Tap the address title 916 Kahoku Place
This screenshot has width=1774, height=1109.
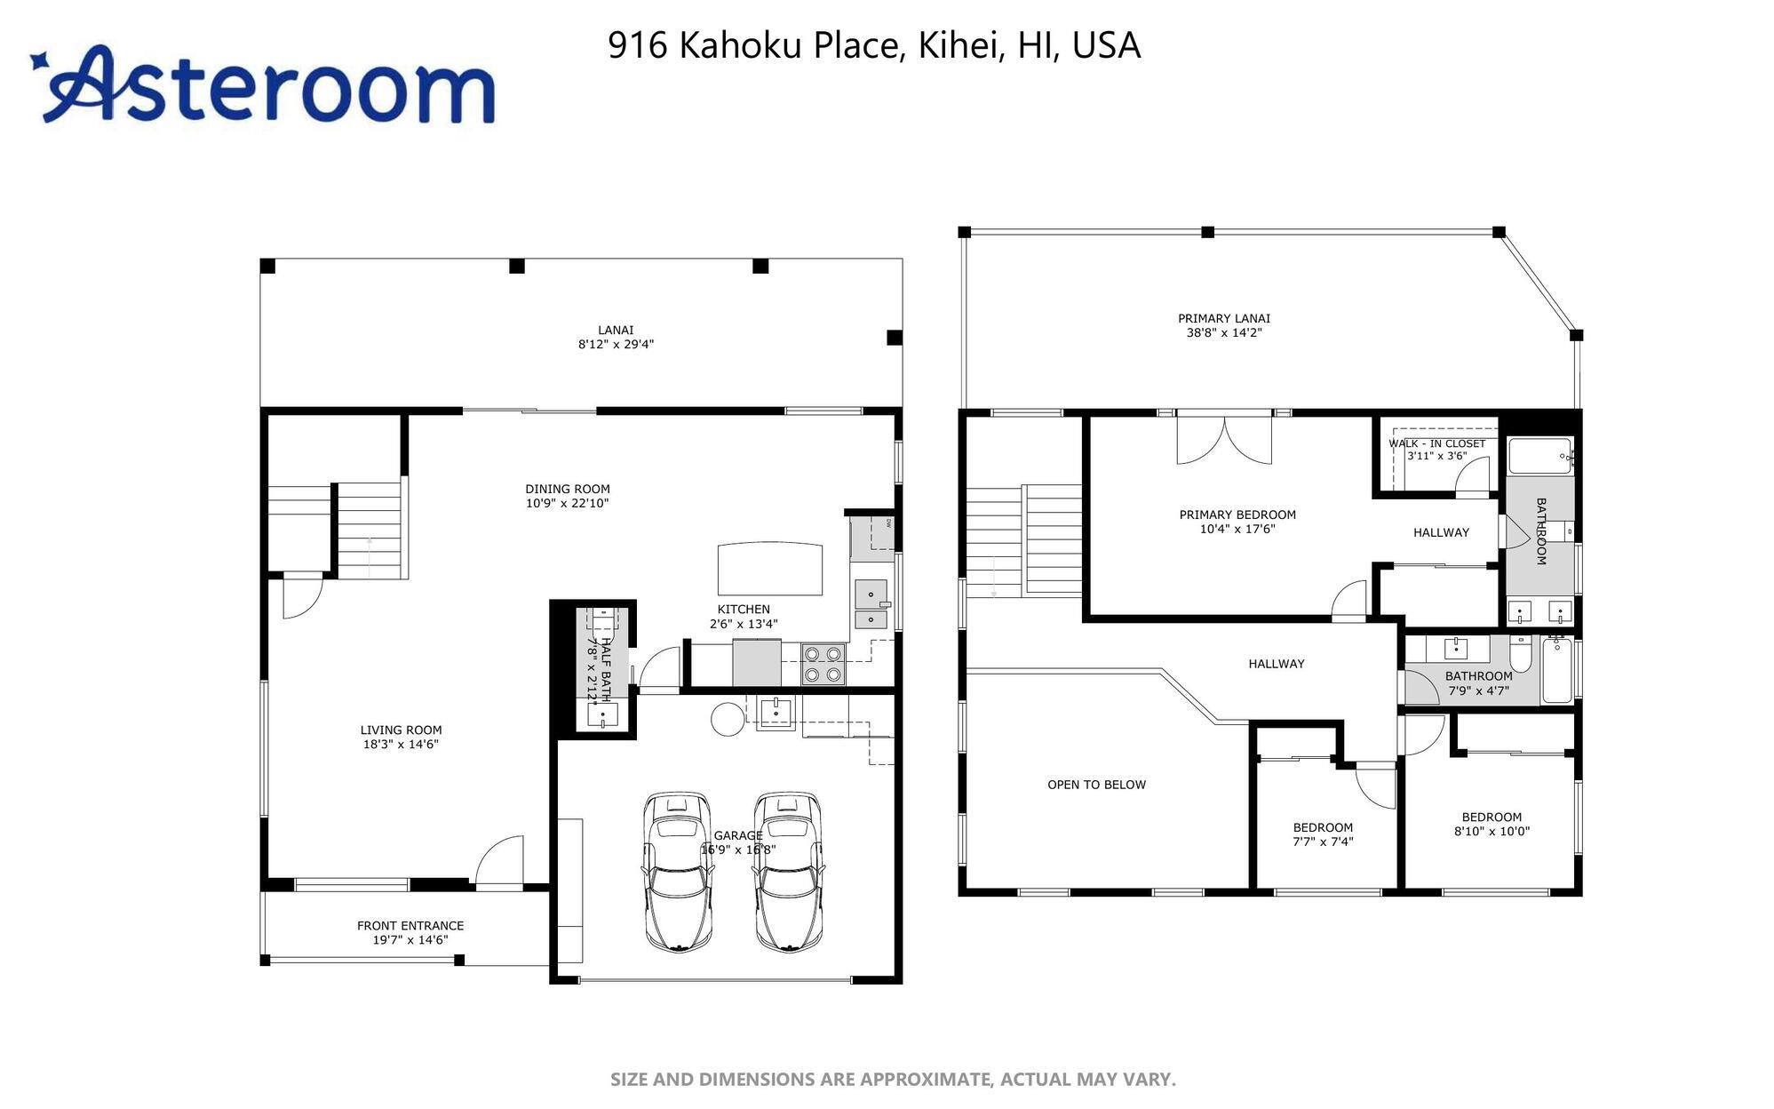[x=756, y=45]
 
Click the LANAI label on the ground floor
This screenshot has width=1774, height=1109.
[x=616, y=331]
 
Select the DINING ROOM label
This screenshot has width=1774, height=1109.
[x=568, y=489]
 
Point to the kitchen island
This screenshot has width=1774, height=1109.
[x=770, y=569]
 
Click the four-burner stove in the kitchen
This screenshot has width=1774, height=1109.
[x=823, y=665]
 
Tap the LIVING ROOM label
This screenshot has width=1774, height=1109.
[x=401, y=730]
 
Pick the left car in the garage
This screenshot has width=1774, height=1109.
[x=678, y=872]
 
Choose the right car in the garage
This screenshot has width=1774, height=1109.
[x=788, y=872]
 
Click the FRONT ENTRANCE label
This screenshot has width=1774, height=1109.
[x=410, y=926]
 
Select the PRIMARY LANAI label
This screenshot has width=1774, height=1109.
[x=1224, y=318]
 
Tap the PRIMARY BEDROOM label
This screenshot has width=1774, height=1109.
[x=1237, y=515]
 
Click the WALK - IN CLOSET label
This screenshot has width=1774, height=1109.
[x=1437, y=443]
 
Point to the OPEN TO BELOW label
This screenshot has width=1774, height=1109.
[x=1096, y=785]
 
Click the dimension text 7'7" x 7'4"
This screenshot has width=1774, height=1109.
[x=1323, y=842]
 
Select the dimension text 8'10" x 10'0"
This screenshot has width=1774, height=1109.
[x=1492, y=832]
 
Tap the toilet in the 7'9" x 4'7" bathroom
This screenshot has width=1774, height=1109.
[x=1521, y=654]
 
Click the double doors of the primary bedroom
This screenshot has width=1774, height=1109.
[x=1224, y=438]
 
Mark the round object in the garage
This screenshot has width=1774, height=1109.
[x=726, y=719]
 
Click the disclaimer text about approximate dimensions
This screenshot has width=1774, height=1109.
[x=893, y=1080]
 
